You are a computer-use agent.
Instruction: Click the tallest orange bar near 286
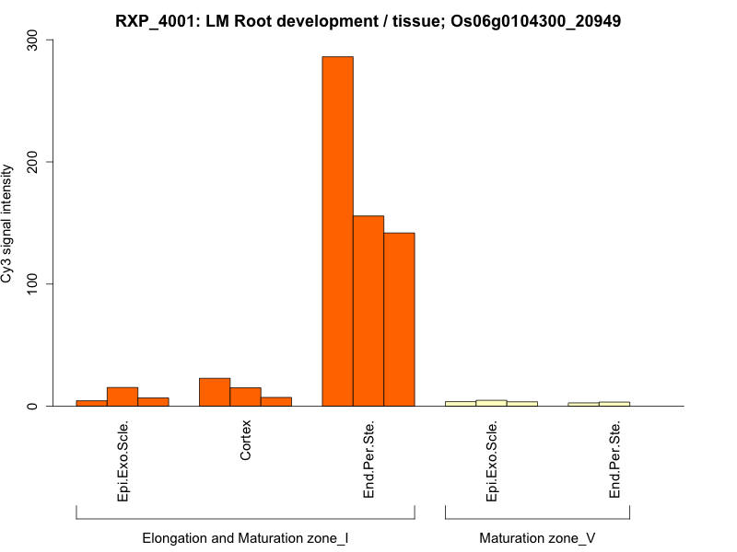pos(337,231)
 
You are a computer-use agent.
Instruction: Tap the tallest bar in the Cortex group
pos(215,392)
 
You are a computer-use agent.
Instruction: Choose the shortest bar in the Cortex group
pos(276,401)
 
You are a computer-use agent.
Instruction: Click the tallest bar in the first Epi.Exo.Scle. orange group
pos(123,397)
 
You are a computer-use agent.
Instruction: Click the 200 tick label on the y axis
pos(33,162)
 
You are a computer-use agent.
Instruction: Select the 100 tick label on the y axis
pos(33,284)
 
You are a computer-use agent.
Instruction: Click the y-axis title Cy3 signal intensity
pos(8,224)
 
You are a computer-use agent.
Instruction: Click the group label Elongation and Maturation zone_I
pos(245,537)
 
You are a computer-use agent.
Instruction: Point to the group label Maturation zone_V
pos(537,537)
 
